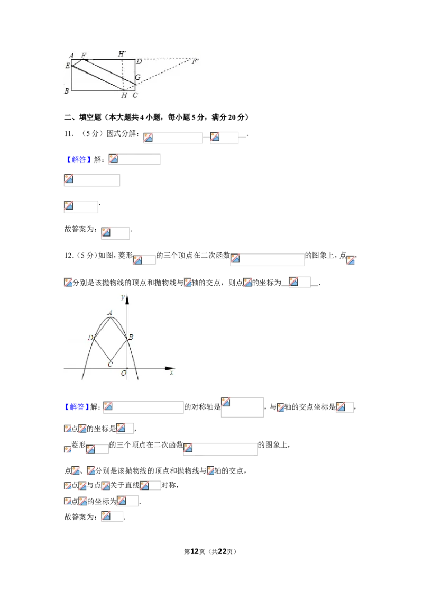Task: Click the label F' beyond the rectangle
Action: (195, 61)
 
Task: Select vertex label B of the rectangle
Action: (67, 91)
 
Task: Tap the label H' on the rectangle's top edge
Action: (122, 54)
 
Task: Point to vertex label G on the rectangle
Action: (138, 77)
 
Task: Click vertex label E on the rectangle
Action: (68, 66)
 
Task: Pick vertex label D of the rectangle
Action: (140, 61)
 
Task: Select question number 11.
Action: (69, 133)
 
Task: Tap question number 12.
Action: (69, 256)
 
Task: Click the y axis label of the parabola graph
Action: (123, 297)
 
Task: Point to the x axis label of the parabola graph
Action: (172, 372)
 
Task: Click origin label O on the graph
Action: (124, 373)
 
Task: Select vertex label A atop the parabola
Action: (110, 313)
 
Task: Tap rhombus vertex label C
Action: (110, 365)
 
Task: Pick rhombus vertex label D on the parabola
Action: (90, 338)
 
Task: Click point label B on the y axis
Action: (131, 337)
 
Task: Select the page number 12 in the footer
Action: (195, 551)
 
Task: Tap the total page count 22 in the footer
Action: (222, 551)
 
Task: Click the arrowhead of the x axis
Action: (170, 368)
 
